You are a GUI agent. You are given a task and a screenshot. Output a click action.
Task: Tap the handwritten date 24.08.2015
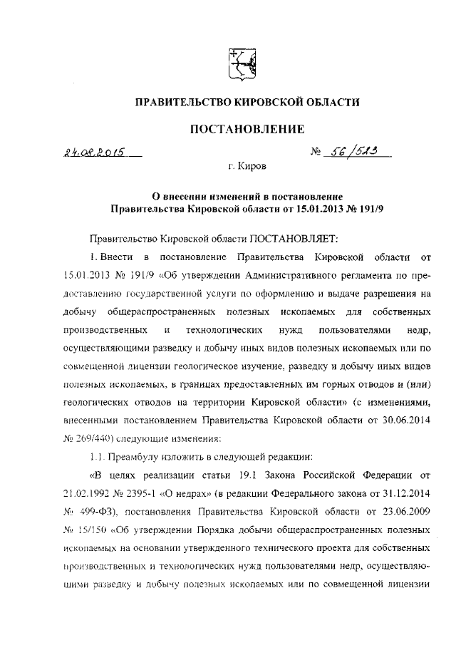tap(93, 152)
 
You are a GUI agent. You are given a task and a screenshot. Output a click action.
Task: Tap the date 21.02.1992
tap(88, 492)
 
